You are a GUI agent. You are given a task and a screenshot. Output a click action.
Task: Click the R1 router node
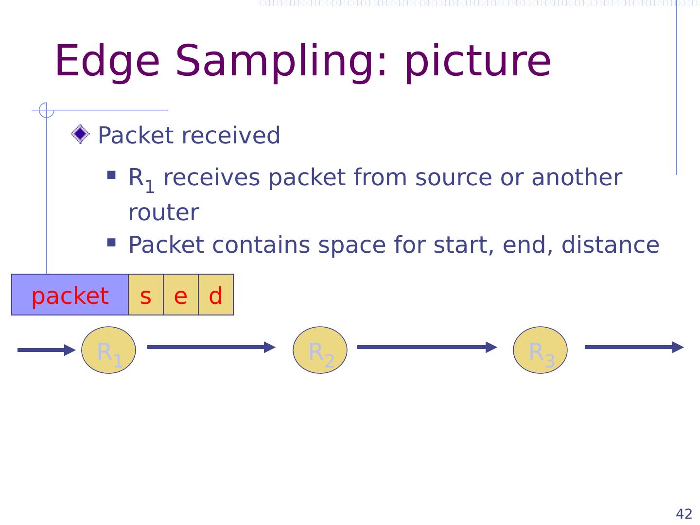point(108,350)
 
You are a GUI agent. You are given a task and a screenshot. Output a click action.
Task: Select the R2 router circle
point(320,350)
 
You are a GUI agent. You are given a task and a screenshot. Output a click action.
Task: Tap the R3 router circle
point(540,350)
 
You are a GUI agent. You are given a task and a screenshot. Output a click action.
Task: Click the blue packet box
point(70,295)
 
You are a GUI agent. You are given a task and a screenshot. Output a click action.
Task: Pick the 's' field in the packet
point(146,295)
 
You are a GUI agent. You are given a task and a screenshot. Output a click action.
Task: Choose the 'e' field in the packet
point(181,295)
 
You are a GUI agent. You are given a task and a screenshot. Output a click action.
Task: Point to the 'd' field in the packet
point(216,295)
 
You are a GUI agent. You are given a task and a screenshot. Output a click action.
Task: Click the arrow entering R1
point(46,350)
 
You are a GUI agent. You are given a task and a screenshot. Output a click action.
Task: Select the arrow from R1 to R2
point(211,347)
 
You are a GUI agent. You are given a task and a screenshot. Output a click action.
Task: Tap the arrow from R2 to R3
point(427,347)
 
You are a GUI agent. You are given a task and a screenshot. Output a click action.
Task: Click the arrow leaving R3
point(634,347)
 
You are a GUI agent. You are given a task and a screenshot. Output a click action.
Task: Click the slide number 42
point(684,514)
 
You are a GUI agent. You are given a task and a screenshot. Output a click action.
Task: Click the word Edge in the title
point(107,61)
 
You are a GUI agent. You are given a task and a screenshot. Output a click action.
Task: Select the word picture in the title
point(477,61)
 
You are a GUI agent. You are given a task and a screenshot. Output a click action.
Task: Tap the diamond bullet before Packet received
point(80,134)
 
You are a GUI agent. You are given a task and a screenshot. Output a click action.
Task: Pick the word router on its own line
point(164,212)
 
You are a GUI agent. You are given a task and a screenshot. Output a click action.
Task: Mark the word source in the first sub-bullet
point(453,177)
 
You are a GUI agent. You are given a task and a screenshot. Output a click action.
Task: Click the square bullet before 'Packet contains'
point(111,242)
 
